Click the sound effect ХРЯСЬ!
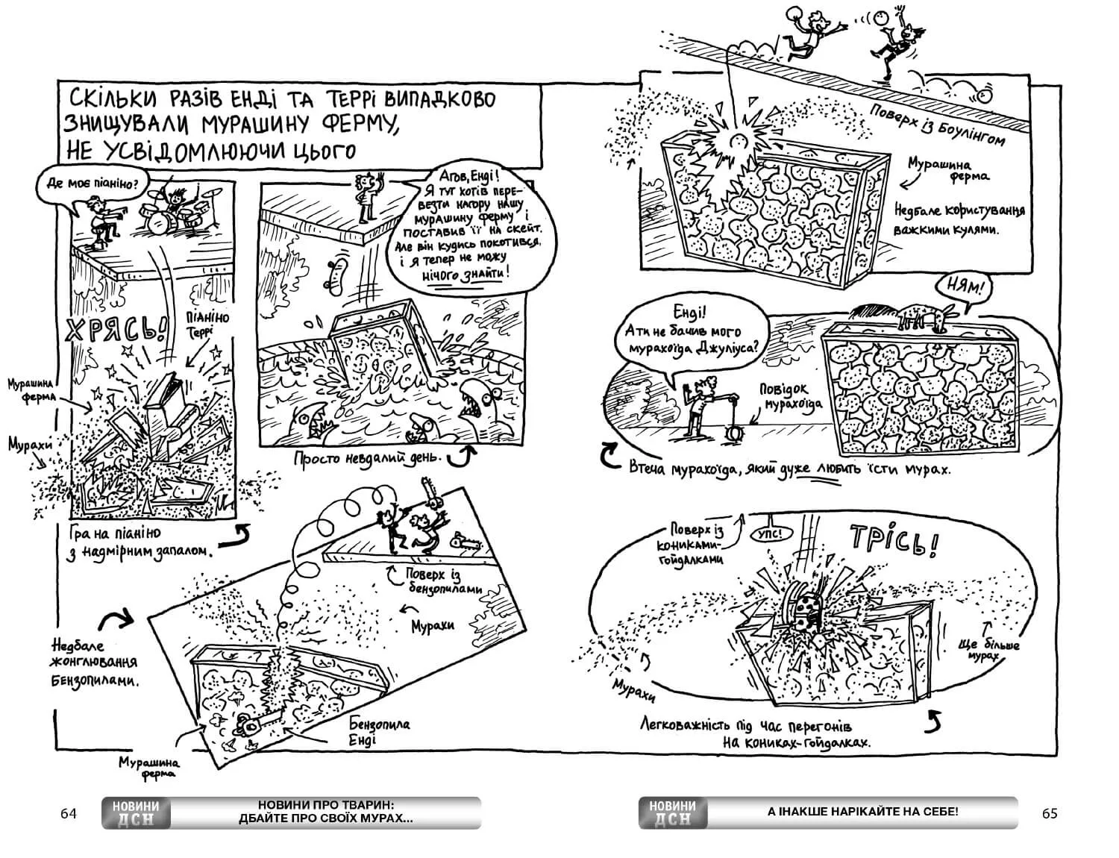pyautogui.click(x=113, y=328)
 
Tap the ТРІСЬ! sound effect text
pyautogui.click(x=892, y=542)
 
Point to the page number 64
pyautogui.click(x=69, y=813)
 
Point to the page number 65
pyautogui.click(x=1049, y=813)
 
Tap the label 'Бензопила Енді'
pyautogui.click(x=379, y=731)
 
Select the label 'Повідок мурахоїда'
pyautogui.click(x=790, y=396)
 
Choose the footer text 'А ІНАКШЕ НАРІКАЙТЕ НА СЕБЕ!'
pyautogui.click(x=862, y=812)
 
